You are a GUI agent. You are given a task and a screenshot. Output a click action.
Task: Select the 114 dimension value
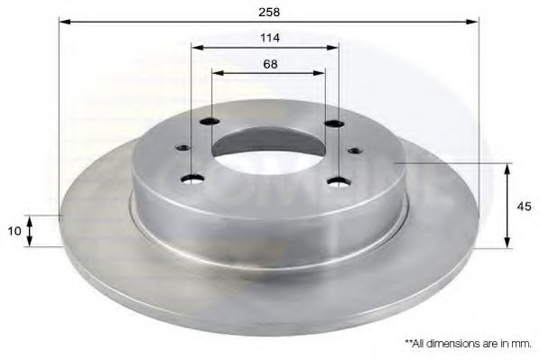(x=267, y=38)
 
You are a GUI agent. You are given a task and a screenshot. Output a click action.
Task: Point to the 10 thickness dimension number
(x=14, y=232)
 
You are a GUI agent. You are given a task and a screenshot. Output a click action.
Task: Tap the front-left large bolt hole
(x=192, y=178)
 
